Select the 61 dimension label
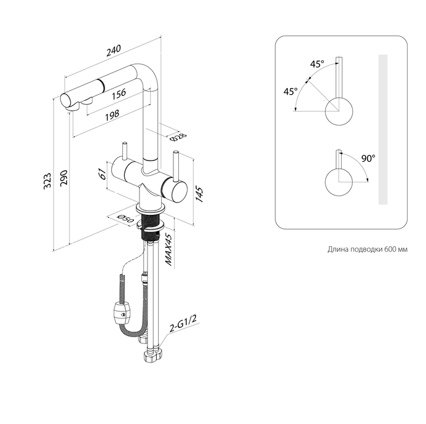[x=103, y=174]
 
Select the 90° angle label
[x=368, y=159]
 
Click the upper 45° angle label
[x=316, y=64]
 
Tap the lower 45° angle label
[x=290, y=92]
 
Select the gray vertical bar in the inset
[x=383, y=129]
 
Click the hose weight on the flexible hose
[x=121, y=311]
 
